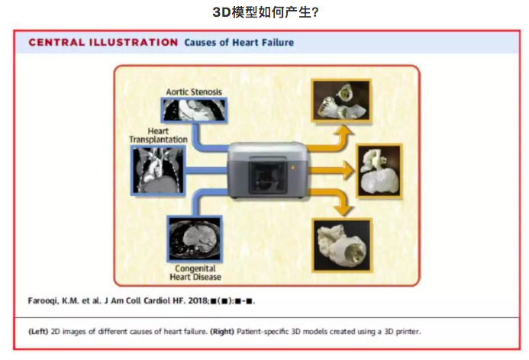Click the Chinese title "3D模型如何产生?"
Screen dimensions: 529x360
coord(265,12)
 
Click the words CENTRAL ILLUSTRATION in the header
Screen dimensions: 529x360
coord(103,43)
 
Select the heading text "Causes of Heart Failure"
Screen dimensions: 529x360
coord(239,43)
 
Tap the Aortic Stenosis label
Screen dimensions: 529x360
coord(194,92)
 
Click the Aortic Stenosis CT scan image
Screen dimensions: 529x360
coord(194,111)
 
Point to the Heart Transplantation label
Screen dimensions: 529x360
coord(158,135)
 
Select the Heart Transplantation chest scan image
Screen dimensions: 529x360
coord(158,171)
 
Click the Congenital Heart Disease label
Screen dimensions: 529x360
coord(195,273)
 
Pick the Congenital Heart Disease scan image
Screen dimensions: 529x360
coord(195,239)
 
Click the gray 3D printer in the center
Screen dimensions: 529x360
coord(268,170)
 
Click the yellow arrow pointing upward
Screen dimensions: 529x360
coord(332,140)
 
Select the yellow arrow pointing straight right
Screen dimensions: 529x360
coord(331,170)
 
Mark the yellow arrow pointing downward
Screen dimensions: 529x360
coord(332,201)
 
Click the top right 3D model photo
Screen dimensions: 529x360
coord(341,101)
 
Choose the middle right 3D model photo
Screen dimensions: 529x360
coord(380,172)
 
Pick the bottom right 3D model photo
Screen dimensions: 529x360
coord(342,245)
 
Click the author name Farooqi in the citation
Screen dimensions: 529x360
coord(44,301)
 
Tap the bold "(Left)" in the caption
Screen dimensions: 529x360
coord(38,332)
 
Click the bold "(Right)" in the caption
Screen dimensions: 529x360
coord(222,332)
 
